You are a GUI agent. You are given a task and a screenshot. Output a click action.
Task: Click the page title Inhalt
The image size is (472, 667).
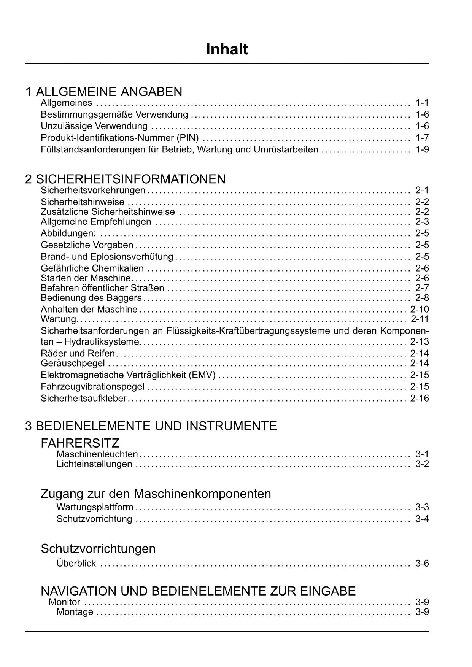(x=227, y=49)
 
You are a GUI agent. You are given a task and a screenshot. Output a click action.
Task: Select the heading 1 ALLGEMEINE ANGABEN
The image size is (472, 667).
(x=103, y=92)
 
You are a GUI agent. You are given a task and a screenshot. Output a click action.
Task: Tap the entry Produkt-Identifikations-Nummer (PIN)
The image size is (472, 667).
(x=120, y=138)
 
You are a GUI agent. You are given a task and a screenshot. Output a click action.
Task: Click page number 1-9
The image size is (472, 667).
(x=422, y=149)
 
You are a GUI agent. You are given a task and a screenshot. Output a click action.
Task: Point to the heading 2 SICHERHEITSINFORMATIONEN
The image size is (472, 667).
(x=125, y=179)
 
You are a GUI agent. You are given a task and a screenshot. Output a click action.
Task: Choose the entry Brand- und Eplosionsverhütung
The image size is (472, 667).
(x=107, y=257)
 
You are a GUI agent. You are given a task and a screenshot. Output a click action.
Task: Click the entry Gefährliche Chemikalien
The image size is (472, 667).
(x=92, y=268)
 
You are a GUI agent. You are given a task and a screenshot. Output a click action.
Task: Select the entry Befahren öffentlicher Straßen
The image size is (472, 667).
(x=102, y=288)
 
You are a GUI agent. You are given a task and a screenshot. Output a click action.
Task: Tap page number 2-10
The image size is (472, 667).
(x=420, y=309)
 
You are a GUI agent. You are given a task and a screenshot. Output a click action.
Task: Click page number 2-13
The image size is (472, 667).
(x=420, y=341)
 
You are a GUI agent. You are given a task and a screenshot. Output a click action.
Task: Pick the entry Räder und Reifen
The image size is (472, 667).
(x=78, y=353)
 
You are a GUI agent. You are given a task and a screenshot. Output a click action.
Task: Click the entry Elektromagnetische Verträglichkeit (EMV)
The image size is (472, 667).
(x=128, y=375)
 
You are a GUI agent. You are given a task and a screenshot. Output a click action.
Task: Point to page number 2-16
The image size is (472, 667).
(x=420, y=399)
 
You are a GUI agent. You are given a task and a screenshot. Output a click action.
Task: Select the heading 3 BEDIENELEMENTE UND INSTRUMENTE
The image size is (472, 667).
(x=151, y=426)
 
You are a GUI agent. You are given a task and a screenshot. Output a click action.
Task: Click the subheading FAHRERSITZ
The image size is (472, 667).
(x=80, y=443)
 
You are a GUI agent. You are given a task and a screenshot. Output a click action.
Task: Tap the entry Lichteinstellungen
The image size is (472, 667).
(x=94, y=464)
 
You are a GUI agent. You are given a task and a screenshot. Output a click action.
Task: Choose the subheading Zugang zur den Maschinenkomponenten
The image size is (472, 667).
(x=156, y=494)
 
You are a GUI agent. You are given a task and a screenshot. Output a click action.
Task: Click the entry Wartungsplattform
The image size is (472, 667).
(x=95, y=507)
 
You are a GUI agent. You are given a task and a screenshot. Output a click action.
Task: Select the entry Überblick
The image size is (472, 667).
(x=76, y=563)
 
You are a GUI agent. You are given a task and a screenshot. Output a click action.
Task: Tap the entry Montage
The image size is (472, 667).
(x=75, y=612)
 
